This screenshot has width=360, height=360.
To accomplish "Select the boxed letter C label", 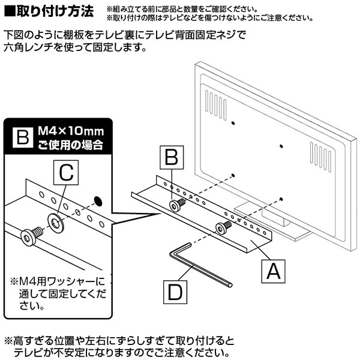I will (67, 173).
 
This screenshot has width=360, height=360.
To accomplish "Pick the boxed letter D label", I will (175, 292).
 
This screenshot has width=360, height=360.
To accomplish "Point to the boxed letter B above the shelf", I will (171, 158).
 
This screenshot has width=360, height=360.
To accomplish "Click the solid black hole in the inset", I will (98, 199).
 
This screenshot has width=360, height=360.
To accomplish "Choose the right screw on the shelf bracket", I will (224, 227).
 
